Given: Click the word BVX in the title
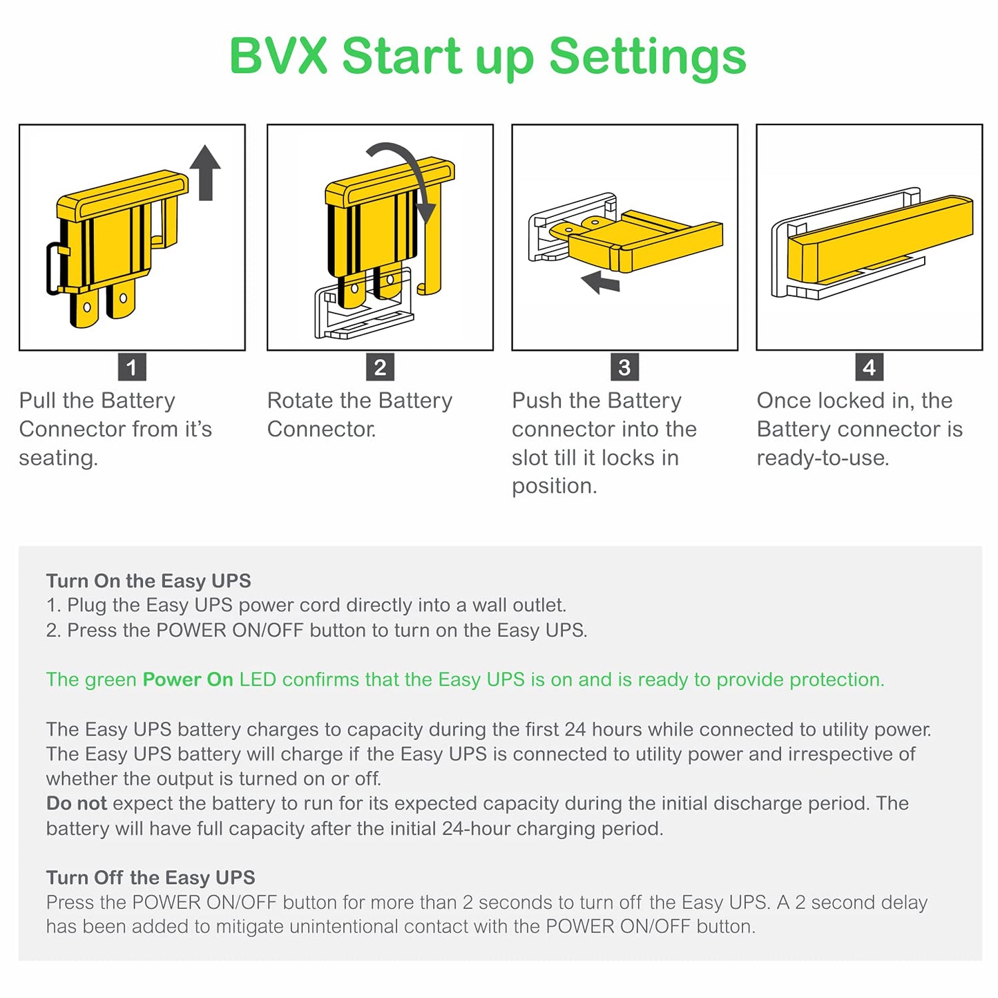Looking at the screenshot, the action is click(278, 55).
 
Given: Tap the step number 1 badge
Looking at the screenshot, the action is click(131, 367).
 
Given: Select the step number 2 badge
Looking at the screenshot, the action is click(380, 367).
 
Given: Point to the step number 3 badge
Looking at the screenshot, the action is click(624, 367).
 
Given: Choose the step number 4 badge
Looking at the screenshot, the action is click(869, 367).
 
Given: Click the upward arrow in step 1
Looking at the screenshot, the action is click(205, 173).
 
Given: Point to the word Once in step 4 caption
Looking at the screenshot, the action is click(783, 401).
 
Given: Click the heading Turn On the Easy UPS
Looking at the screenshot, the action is click(148, 581).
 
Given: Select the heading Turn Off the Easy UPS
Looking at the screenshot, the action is click(151, 877).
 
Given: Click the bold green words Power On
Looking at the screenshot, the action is click(187, 679).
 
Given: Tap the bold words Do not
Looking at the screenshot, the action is click(77, 803).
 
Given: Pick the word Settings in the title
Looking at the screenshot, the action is click(647, 57).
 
